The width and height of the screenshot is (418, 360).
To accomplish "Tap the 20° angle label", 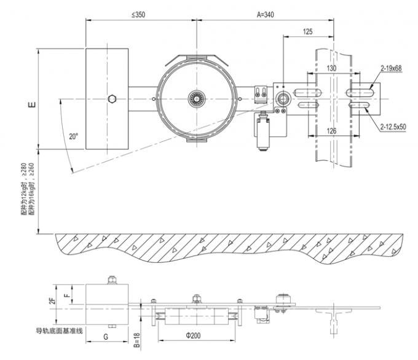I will [74, 137].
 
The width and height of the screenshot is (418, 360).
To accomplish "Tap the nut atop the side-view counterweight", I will [111, 281].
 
